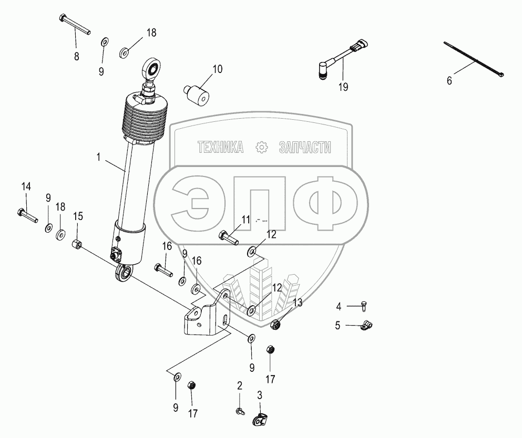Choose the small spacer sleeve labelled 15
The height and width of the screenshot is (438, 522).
click(78, 244)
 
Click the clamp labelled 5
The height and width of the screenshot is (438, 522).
click(366, 327)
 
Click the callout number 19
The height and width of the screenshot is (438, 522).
click(343, 88)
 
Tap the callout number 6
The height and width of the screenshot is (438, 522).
click(449, 81)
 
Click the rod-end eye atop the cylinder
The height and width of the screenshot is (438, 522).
click(151, 68)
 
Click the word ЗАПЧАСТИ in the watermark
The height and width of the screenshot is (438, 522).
click(305, 149)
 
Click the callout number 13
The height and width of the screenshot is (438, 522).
click(298, 302)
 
